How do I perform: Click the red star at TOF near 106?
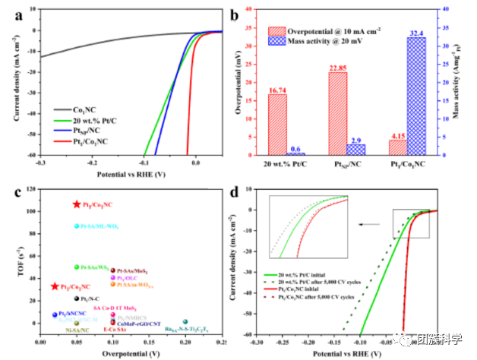tap(77, 204)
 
